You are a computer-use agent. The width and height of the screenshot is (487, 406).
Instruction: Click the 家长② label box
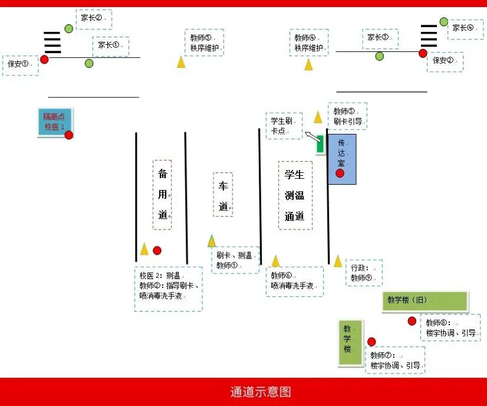93,19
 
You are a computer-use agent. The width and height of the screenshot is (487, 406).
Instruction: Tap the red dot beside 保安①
44,59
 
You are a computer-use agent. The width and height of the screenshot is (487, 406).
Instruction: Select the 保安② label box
445,61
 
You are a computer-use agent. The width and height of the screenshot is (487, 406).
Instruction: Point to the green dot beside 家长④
443,22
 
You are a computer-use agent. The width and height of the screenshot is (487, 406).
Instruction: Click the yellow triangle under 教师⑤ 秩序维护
181,61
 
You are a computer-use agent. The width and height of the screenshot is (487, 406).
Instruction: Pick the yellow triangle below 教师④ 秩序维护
308,64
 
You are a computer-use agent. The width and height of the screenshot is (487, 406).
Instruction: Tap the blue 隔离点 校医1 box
54,122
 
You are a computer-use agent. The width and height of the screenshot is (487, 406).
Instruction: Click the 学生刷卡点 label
284,126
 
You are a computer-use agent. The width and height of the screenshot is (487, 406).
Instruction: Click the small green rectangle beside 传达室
320,145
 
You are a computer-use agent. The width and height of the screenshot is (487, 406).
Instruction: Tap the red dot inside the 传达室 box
340,173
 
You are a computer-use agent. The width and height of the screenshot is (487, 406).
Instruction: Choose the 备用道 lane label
162,194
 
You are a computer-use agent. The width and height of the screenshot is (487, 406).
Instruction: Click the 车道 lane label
223,195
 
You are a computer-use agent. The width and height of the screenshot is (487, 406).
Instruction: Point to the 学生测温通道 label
295,195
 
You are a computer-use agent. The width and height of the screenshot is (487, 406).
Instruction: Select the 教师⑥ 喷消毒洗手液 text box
294,281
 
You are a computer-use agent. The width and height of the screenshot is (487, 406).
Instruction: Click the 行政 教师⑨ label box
364,273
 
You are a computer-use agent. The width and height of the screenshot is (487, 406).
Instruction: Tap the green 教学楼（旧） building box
424,301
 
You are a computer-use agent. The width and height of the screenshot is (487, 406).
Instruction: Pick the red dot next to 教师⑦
371,342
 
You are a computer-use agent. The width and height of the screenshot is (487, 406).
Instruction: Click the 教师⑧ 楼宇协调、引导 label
450,328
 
